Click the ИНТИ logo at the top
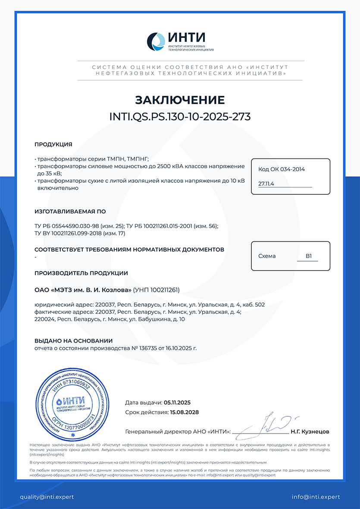pos(180,41)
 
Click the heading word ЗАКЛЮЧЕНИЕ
pos(180,100)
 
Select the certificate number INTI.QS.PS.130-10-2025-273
pos(180,117)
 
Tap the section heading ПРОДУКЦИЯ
pos(53,144)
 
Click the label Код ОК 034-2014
pos(282,169)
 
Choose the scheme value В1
pos(309,256)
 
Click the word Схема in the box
pos(267,256)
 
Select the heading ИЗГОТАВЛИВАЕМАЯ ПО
pos(70,212)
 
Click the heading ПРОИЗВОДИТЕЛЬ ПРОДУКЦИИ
pos(81,273)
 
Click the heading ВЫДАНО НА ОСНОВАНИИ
pos(73,340)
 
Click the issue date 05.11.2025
pos(177,403)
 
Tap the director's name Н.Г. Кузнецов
pos(310,431)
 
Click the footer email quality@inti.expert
pos(47,497)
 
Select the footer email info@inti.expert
pos(316,497)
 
